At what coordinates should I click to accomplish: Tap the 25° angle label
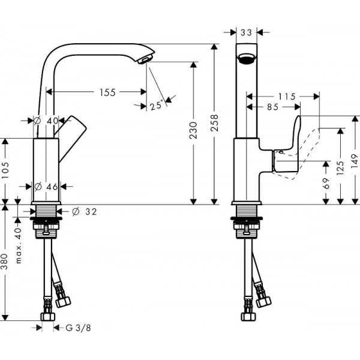[x=157, y=105]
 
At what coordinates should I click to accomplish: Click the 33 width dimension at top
[x=245, y=33]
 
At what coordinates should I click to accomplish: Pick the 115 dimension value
[x=287, y=96]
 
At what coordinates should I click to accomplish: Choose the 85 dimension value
[x=272, y=107]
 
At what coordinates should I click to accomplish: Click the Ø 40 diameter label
[x=46, y=120]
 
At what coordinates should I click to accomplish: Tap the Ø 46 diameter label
[x=46, y=187]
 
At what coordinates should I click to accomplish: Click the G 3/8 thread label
[x=76, y=328]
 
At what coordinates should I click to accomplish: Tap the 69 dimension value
[x=326, y=182]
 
